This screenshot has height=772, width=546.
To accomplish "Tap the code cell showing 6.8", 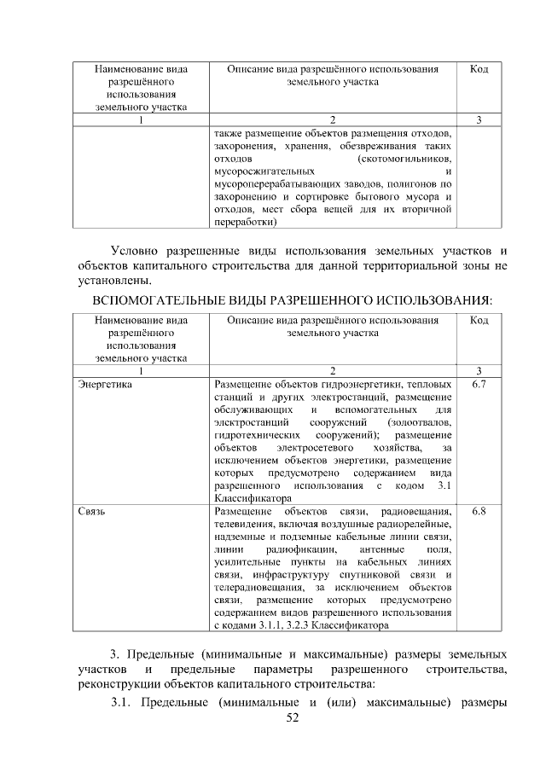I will tap(479, 512).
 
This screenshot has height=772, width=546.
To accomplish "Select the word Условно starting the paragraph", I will tap(139, 250).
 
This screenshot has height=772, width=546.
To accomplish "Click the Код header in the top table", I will tap(479, 68).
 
